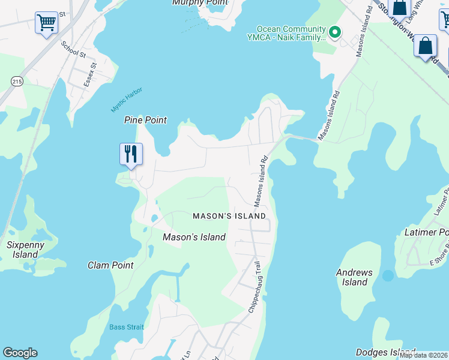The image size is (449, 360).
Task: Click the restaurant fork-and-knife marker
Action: (130, 155)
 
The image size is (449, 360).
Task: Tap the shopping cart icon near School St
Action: (46, 23)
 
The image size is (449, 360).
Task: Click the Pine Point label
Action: (145, 120)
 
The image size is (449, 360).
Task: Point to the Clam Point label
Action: (110, 265)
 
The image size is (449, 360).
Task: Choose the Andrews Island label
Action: (354, 277)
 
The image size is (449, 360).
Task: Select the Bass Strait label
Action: (127, 327)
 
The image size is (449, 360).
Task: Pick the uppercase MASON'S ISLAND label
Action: (229, 216)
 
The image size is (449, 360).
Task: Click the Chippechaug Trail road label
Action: (255, 287)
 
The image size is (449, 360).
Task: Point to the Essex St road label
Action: (90, 74)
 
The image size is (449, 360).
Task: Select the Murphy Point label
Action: (200, 2)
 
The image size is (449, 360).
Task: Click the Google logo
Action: (20, 353)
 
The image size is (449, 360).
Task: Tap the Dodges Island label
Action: (385, 352)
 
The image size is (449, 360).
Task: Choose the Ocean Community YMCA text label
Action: (291, 32)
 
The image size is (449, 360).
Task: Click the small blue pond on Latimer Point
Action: (388, 275)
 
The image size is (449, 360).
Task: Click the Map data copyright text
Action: (424, 355)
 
